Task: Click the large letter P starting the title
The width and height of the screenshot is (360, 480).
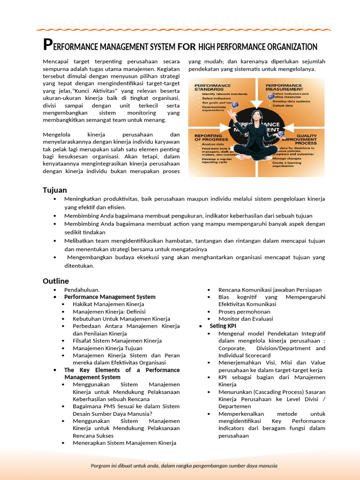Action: coord(46,45)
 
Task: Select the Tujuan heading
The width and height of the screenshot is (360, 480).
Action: coord(55,190)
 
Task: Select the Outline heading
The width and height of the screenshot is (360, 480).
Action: coord(56,281)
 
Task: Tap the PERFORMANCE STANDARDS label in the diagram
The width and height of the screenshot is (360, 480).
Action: coord(213,88)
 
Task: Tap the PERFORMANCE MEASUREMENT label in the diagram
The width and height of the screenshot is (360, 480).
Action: coord(284,88)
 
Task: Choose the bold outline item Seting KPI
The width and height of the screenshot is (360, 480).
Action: coord(223,326)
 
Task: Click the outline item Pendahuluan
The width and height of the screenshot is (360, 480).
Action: coord(82,290)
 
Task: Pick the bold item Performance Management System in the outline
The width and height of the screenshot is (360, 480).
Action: coord(110,297)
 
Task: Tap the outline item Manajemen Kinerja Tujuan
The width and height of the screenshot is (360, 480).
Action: coord(107,348)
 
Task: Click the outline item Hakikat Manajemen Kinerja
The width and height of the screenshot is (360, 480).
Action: coord(108,304)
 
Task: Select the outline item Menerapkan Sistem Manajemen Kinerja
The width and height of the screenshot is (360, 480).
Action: coord(124,442)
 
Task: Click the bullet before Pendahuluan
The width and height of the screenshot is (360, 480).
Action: coord(55,290)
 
